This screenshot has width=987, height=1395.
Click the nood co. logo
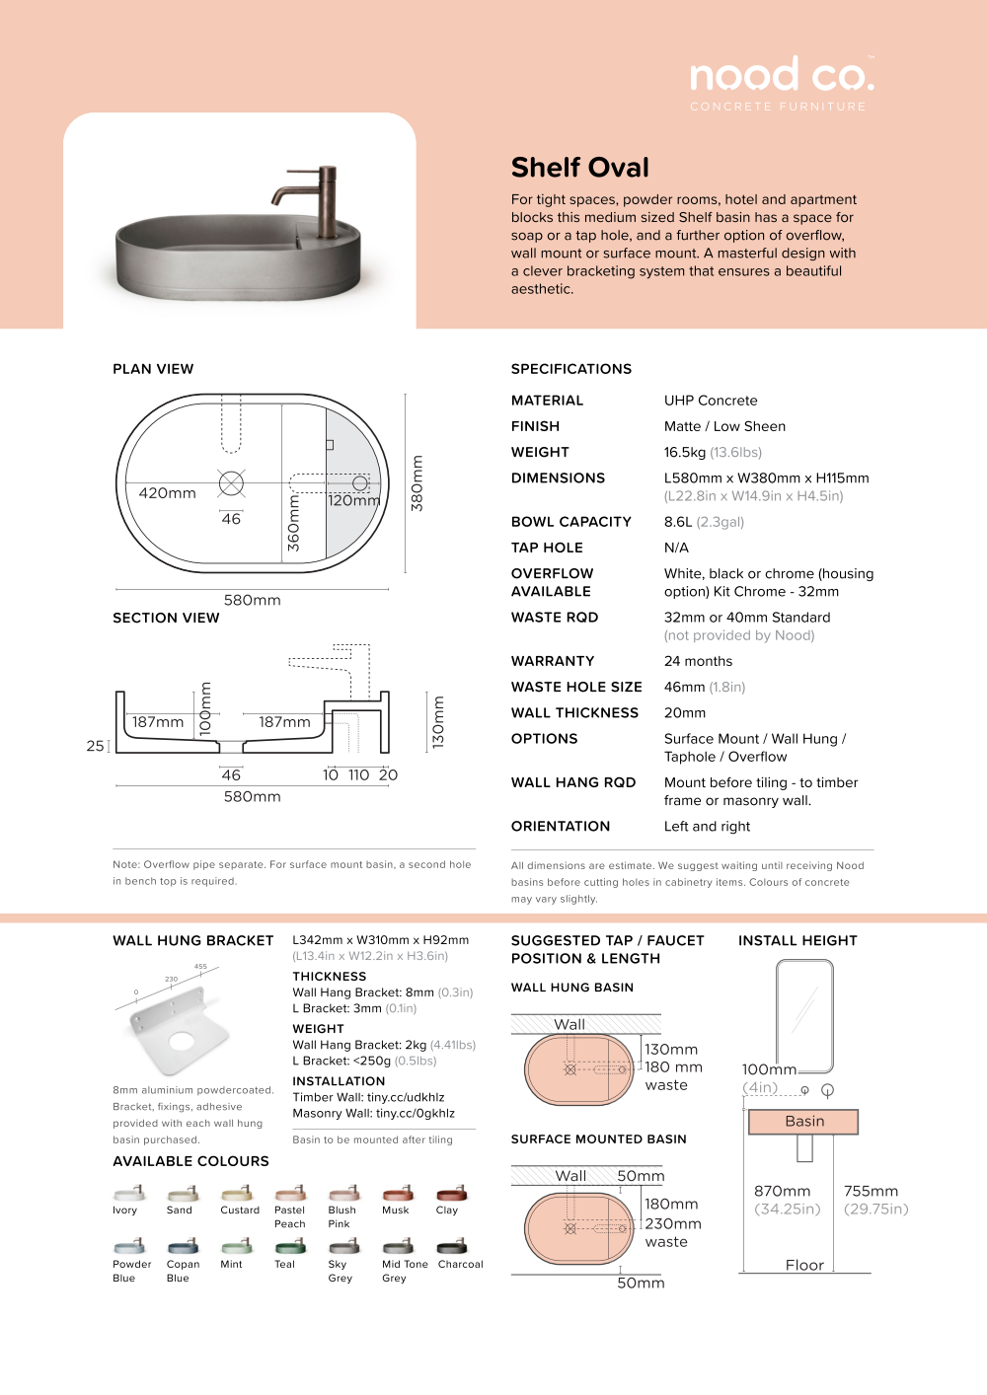781,76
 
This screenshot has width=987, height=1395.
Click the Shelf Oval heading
580,168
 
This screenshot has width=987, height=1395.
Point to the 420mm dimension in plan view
167,493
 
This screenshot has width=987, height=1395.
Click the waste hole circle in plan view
231,482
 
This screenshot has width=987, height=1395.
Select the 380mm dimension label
418,483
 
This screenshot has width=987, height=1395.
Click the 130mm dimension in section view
439,722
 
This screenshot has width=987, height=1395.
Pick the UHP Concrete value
711,401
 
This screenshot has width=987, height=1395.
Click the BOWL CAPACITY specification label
570,522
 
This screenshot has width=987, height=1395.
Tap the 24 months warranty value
698,661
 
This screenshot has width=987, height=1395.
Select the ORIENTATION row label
561,827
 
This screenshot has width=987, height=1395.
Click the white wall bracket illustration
178,1031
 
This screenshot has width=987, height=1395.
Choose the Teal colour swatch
290,1246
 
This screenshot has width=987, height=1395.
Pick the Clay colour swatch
452,1193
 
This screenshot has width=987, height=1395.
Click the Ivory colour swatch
129,1193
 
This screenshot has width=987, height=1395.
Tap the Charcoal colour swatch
452,1246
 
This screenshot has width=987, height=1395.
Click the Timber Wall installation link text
368,1097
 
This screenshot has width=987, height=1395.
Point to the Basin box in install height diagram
803,1122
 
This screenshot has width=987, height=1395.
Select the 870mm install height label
782,1192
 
